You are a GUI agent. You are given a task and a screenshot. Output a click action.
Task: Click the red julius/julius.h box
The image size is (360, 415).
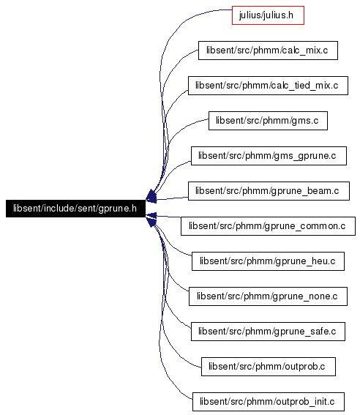pyautogui.click(x=268, y=15)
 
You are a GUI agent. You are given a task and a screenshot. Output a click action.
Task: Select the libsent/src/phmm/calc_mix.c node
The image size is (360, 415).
pyautogui.click(x=268, y=51)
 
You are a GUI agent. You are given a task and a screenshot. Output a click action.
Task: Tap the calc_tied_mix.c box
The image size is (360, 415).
pyautogui.click(x=268, y=86)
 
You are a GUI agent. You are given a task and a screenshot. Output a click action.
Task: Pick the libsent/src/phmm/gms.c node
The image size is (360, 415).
pyautogui.click(x=268, y=121)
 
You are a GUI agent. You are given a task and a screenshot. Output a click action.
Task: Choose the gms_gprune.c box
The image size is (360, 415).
pyautogui.click(x=269, y=156)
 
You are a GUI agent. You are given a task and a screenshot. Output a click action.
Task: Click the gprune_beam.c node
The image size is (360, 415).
pyautogui.click(x=269, y=191)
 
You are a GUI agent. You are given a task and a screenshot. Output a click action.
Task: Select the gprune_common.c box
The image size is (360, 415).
pyautogui.click(x=268, y=226)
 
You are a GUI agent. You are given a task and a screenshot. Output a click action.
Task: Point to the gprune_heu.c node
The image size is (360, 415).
pyautogui.click(x=268, y=261)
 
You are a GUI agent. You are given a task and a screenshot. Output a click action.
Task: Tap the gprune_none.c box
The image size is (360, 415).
pyautogui.click(x=268, y=296)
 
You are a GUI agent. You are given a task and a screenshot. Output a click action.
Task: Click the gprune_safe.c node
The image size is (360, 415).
pyautogui.click(x=268, y=332)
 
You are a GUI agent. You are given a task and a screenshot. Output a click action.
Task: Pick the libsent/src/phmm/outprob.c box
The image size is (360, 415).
pyautogui.click(x=269, y=367)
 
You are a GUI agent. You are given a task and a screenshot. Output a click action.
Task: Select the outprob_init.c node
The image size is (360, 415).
pyautogui.click(x=269, y=402)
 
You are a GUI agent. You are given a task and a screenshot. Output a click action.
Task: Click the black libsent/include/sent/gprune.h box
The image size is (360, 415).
pyautogui.click(x=75, y=209)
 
